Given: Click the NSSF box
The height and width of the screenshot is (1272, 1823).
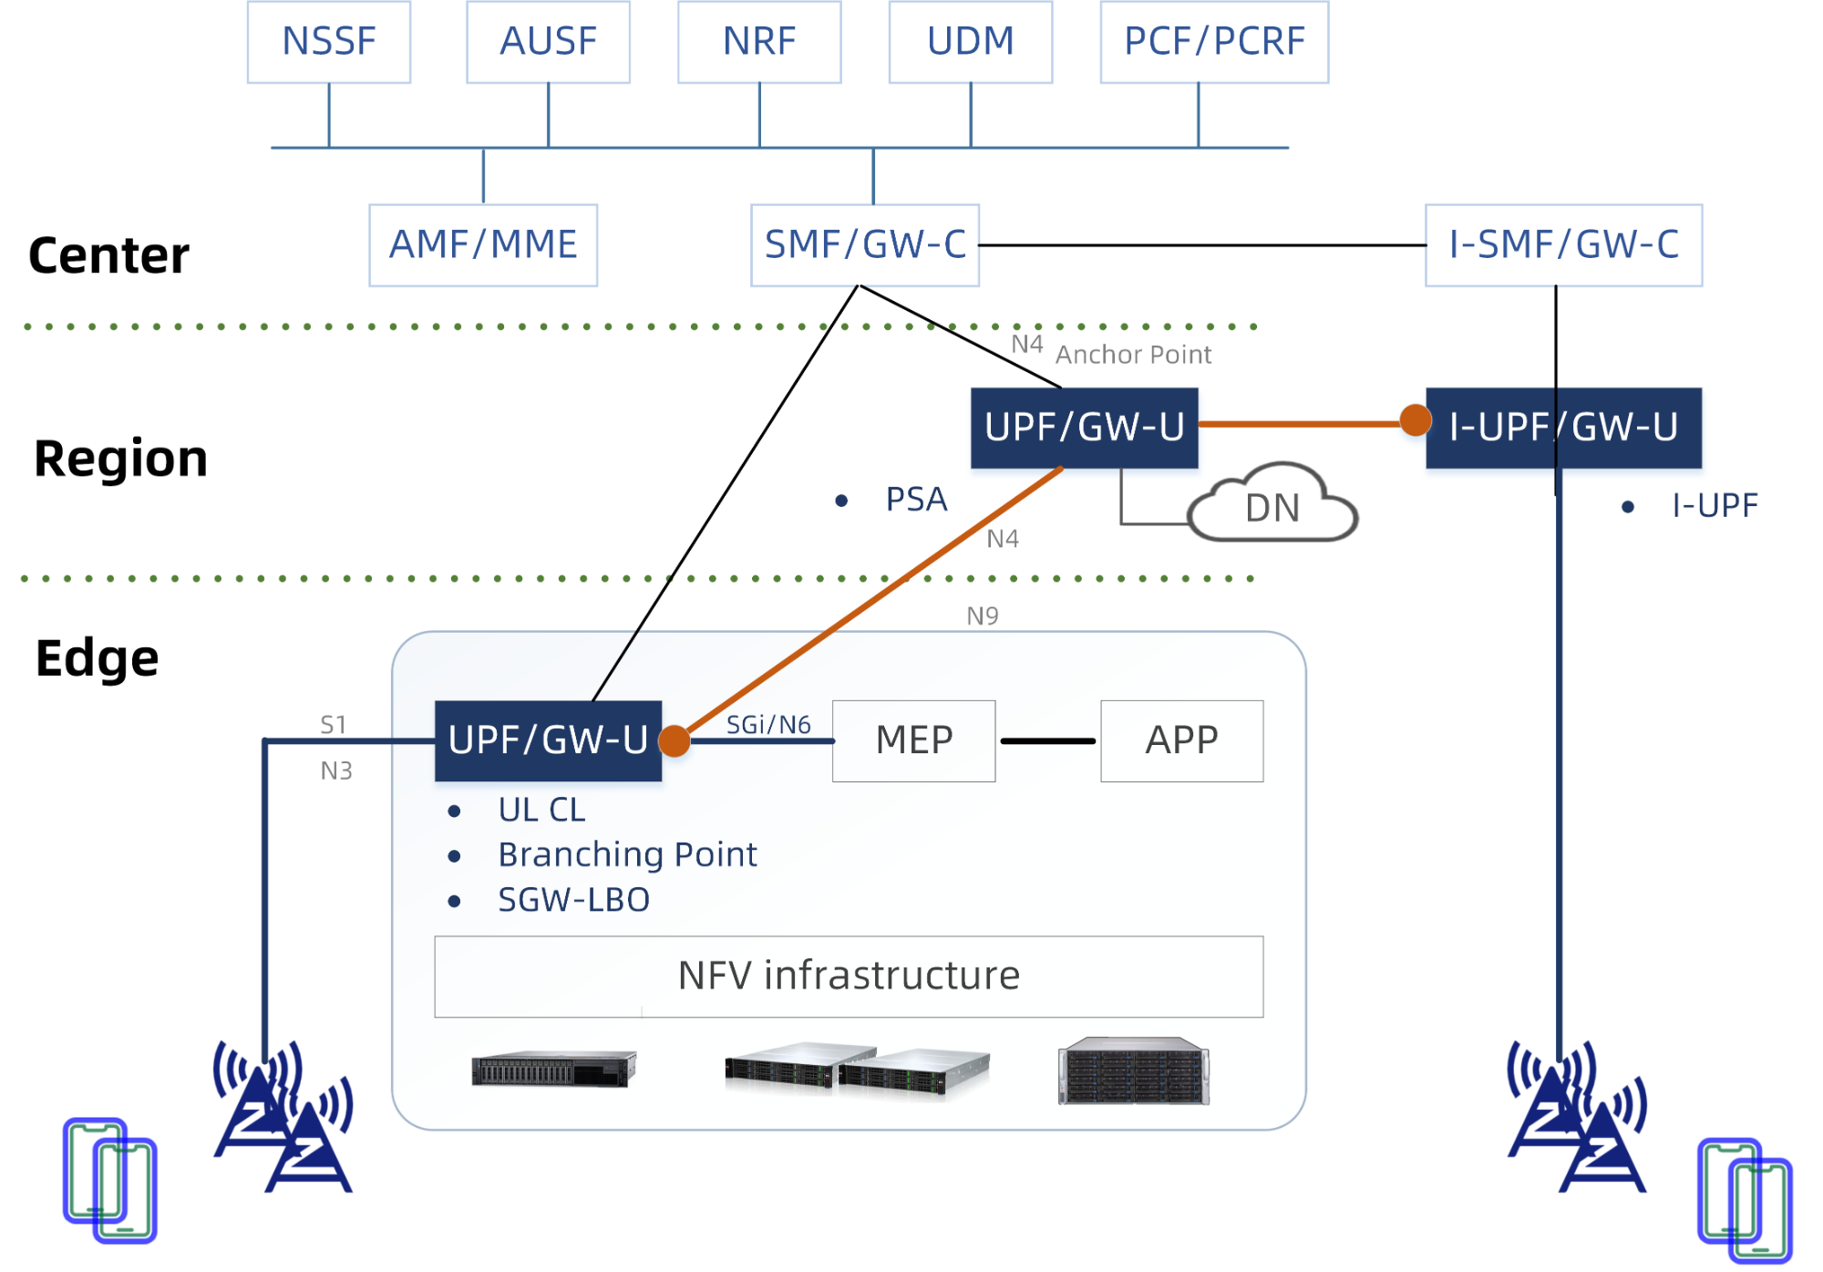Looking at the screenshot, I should click(329, 42).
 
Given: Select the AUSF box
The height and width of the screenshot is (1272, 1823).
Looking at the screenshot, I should click(548, 42).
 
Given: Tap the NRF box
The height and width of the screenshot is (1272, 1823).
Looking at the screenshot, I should click(759, 42).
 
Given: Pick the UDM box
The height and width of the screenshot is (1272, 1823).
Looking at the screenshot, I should click(971, 42).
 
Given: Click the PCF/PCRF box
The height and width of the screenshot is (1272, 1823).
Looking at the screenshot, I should click(1214, 42).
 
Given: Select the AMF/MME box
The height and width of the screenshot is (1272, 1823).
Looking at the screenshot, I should click(483, 245).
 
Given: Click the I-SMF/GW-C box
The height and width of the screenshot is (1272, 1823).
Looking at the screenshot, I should click(1563, 245).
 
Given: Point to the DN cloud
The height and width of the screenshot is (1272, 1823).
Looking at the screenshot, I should click(1273, 507).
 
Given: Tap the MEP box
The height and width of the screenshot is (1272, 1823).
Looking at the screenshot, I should click(913, 740).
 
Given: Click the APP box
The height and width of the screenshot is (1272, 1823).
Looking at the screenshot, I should click(1181, 740).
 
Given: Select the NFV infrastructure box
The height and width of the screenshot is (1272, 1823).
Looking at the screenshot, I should click(849, 976).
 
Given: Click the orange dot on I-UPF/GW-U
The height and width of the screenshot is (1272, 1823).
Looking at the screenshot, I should click(1415, 420).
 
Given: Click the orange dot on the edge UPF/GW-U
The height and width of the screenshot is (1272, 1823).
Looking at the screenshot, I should click(675, 740).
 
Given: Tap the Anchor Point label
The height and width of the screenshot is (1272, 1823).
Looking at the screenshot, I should click(1133, 355).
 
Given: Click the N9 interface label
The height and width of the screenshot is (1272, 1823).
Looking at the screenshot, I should click(983, 616).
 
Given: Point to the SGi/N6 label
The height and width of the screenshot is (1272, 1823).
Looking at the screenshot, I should click(768, 725).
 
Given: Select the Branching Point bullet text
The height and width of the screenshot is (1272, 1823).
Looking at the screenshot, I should click(627, 855).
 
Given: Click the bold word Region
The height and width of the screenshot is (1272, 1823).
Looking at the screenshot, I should click(121, 459).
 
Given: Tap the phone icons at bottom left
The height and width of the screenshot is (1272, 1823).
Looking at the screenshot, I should click(110, 1180).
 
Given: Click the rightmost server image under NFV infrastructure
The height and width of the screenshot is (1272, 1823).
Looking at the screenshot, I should click(1133, 1070).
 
